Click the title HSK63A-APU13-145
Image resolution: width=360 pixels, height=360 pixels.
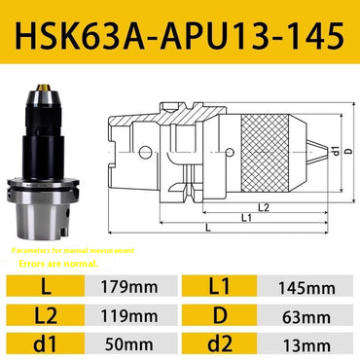point(180,36)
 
